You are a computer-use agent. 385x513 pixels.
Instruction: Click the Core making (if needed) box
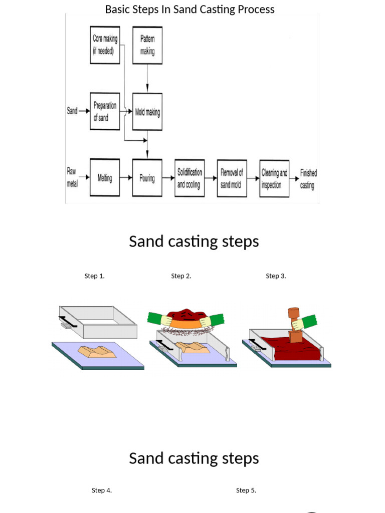coord(105,45)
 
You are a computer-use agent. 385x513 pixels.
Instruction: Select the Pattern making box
coord(147,45)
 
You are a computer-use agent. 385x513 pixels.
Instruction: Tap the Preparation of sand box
coord(105,111)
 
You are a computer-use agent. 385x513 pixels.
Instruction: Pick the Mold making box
coord(147,112)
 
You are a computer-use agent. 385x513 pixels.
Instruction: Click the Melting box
coord(105,177)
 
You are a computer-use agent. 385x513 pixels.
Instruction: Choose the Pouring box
coord(147,177)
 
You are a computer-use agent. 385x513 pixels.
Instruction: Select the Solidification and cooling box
coord(189,178)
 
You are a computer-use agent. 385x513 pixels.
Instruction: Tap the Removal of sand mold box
coord(232,178)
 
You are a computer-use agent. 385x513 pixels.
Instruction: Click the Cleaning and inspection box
coord(274,178)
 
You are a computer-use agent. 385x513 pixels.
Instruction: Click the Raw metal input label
coord(72,177)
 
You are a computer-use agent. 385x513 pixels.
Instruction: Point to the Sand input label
coord(72,111)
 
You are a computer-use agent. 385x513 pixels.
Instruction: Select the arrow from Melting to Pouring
coord(126,177)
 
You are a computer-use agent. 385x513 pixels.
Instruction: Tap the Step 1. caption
coord(94,276)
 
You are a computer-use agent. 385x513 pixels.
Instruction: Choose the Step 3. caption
coord(276,276)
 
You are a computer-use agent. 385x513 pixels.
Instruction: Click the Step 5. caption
coord(246,490)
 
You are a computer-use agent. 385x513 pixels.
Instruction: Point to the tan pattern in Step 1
coord(97,352)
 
